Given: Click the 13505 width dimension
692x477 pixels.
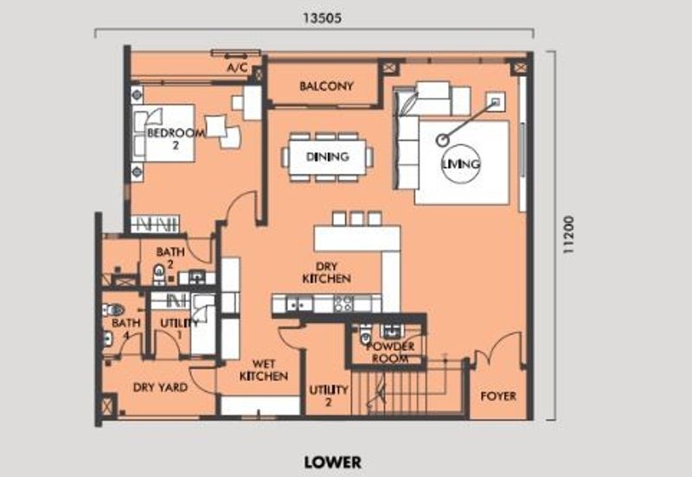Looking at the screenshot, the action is (x=322, y=18).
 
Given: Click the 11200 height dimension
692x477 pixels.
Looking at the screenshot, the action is (x=569, y=234).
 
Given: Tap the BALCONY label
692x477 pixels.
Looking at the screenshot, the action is (x=327, y=86).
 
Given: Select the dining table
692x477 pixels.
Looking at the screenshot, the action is (x=327, y=156).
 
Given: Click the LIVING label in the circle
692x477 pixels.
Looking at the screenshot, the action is (x=461, y=164).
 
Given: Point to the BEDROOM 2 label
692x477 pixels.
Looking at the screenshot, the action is (x=176, y=138).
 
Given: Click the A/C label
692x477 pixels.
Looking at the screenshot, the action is (x=237, y=68).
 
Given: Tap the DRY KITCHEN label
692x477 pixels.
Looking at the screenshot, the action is (x=327, y=272).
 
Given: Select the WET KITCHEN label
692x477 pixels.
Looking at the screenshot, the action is (x=264, y=370).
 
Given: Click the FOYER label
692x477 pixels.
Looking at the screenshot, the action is (x=498, y=396).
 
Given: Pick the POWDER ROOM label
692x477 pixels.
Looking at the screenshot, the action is (x=390, y=353).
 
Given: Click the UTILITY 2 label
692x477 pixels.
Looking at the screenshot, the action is (x=329, y=396).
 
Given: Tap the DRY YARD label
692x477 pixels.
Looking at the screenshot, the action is (x=160, y=387).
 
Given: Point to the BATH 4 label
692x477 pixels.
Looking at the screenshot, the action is (x=126, y=328).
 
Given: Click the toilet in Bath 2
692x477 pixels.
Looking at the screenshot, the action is (x=159, y=274).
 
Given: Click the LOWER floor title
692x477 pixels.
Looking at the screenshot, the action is (x=333, y=462).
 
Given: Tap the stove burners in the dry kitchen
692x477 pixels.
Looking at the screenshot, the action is (x=343, y=302).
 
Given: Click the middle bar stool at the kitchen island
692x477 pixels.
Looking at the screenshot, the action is (x=356, y=219).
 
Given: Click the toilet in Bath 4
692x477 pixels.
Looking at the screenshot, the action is (x=113, y=309).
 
